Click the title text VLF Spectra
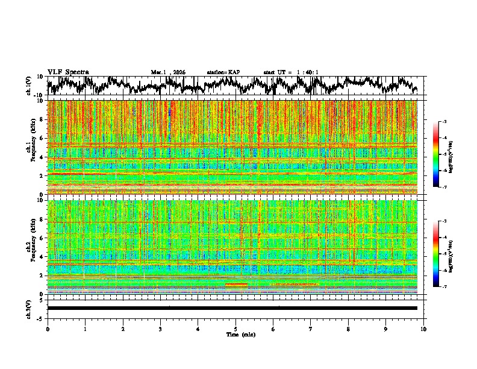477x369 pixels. [x=68, y=72]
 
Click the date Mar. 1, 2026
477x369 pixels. [x=168, y=72]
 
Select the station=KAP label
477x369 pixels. [x=223, y=72]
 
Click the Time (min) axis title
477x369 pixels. [x=235, y=334]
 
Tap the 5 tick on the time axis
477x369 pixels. [x=235, y=329]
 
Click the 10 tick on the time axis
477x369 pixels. [x=423, y=329]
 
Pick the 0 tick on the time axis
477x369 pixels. [x=48, y=329]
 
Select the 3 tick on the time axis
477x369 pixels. [x=160, y=329]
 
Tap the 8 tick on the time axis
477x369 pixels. [x=348, y=329]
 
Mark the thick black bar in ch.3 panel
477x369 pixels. [x=232, y=308]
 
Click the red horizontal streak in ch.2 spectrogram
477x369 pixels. [x=236, y=284]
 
